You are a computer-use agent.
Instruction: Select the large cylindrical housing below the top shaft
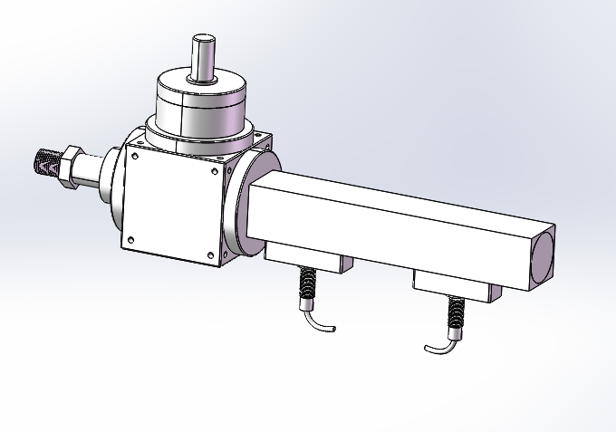201,104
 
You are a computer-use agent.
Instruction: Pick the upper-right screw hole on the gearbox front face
224,168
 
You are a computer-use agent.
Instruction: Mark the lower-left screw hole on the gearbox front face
130,240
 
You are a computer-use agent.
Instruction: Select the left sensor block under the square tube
307,261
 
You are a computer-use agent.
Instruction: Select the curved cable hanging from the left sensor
319,321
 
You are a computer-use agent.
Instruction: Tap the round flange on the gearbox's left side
112,186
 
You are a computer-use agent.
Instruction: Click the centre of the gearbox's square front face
175,205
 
